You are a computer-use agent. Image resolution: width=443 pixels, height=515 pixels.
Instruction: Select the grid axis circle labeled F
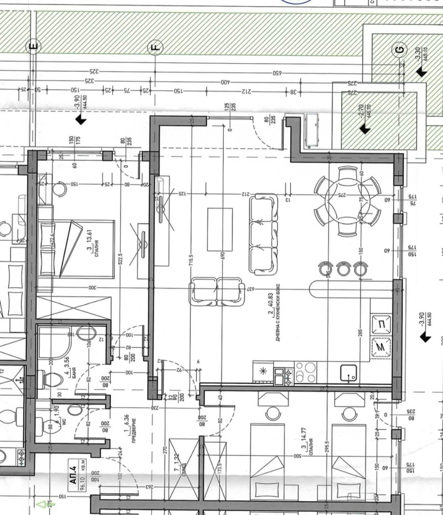(x=156, y=48)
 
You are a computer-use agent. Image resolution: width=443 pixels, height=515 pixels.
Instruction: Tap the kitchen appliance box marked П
(x=382, y=324)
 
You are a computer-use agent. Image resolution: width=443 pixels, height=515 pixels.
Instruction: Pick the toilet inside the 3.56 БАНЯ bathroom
(x=51, y=379)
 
